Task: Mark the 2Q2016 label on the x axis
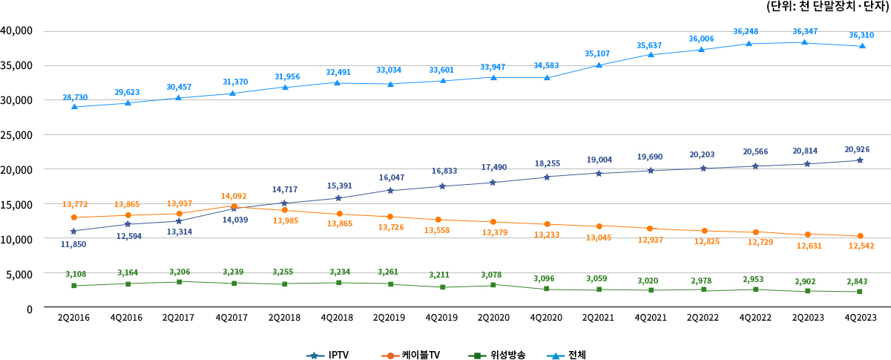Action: click(73, 318)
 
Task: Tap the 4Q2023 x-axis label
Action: click(860, 318)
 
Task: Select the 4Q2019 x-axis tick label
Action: click(442, 318)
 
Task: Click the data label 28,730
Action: click(75, 97)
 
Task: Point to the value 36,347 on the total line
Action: click(806, 31)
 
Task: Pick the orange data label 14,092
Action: click(234, 197)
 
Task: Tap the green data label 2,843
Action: click(860, 281)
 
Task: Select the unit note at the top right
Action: click(828, 7)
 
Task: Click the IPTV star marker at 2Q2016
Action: click(73, 232)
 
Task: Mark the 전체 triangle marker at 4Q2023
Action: click(860, 46)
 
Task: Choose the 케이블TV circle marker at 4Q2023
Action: click(860, 236)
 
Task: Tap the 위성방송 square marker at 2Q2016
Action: click(73, 286)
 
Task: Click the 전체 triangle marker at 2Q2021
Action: click(599, 65)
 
